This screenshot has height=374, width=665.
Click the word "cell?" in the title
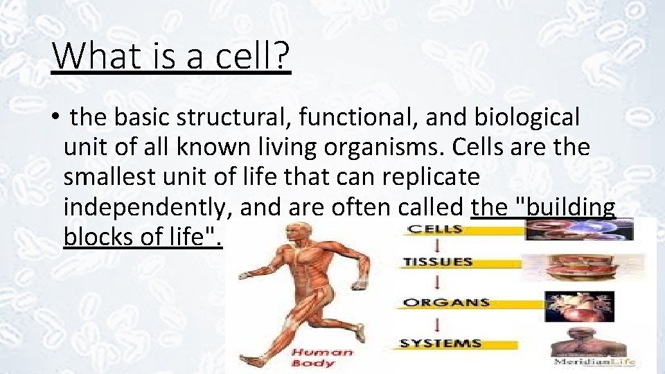click(252, 56)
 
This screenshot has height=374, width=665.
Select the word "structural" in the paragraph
click(235, 118)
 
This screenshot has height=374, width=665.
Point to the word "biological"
click(527, 118)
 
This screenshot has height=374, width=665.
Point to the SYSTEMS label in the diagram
click(441, 343)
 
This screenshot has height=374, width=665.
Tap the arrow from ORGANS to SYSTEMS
click(437, 323)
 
